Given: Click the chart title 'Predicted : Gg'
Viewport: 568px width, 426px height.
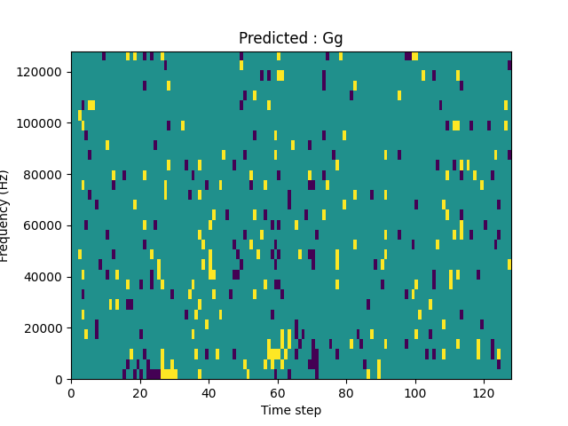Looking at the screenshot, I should tap(291, 38).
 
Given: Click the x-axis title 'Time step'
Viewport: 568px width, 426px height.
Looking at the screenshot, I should tap(291, 410).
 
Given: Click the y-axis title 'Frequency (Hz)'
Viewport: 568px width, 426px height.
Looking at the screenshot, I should tap(5, 216).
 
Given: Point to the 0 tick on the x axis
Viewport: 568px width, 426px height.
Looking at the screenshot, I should tap(71, 392).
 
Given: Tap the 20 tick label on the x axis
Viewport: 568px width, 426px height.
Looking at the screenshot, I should tap(140, 392).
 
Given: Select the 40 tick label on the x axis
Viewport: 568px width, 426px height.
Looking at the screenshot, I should tap(209, 392).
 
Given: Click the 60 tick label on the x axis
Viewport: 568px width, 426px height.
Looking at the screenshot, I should tap(278, 392).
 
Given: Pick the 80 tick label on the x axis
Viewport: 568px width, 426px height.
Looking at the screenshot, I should tap(346, 392).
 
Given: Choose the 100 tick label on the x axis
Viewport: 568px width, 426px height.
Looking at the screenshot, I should tap(415, 392).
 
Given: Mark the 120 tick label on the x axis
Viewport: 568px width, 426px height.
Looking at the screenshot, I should tap(484, 392).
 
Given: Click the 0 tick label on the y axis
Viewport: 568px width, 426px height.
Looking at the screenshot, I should tap(60, 380).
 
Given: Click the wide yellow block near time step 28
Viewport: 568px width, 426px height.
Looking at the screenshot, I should tap(169, 374).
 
